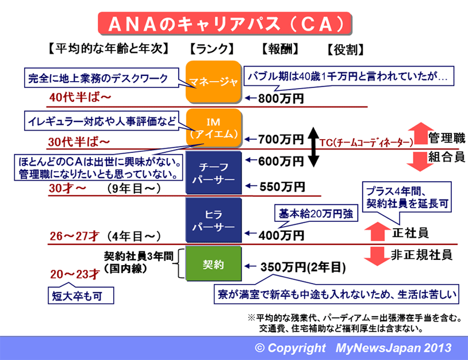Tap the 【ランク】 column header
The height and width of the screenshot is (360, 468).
point(212,49)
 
